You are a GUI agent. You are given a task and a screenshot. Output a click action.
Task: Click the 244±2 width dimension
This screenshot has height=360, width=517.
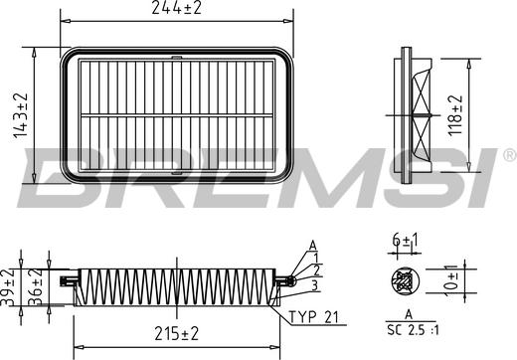(x=179, y=9)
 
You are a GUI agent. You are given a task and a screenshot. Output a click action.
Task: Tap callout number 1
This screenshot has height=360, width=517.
(x=316, y=258)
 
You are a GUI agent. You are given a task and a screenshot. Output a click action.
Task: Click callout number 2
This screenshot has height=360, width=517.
(x=316, y=270)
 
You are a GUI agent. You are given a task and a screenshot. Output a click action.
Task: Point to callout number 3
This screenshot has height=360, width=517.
(x=316, y=285)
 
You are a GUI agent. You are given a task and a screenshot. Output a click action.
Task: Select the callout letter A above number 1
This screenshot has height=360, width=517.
(x=312, y=245)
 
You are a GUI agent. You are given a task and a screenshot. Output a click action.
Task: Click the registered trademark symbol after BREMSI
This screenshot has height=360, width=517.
(x=509, y=154)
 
